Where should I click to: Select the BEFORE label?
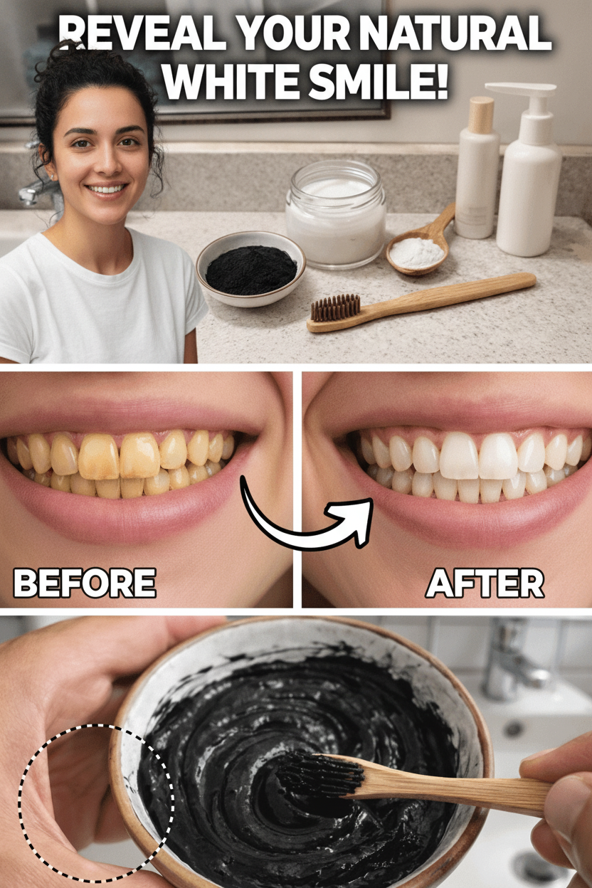click(x=85, y=583)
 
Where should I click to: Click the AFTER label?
click(x=485, y=583)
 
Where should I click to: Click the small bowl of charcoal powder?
click(x=250, y=268)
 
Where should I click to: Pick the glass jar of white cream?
click(x=336, y=214)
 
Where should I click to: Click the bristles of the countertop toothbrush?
click(x=335, y=307)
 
